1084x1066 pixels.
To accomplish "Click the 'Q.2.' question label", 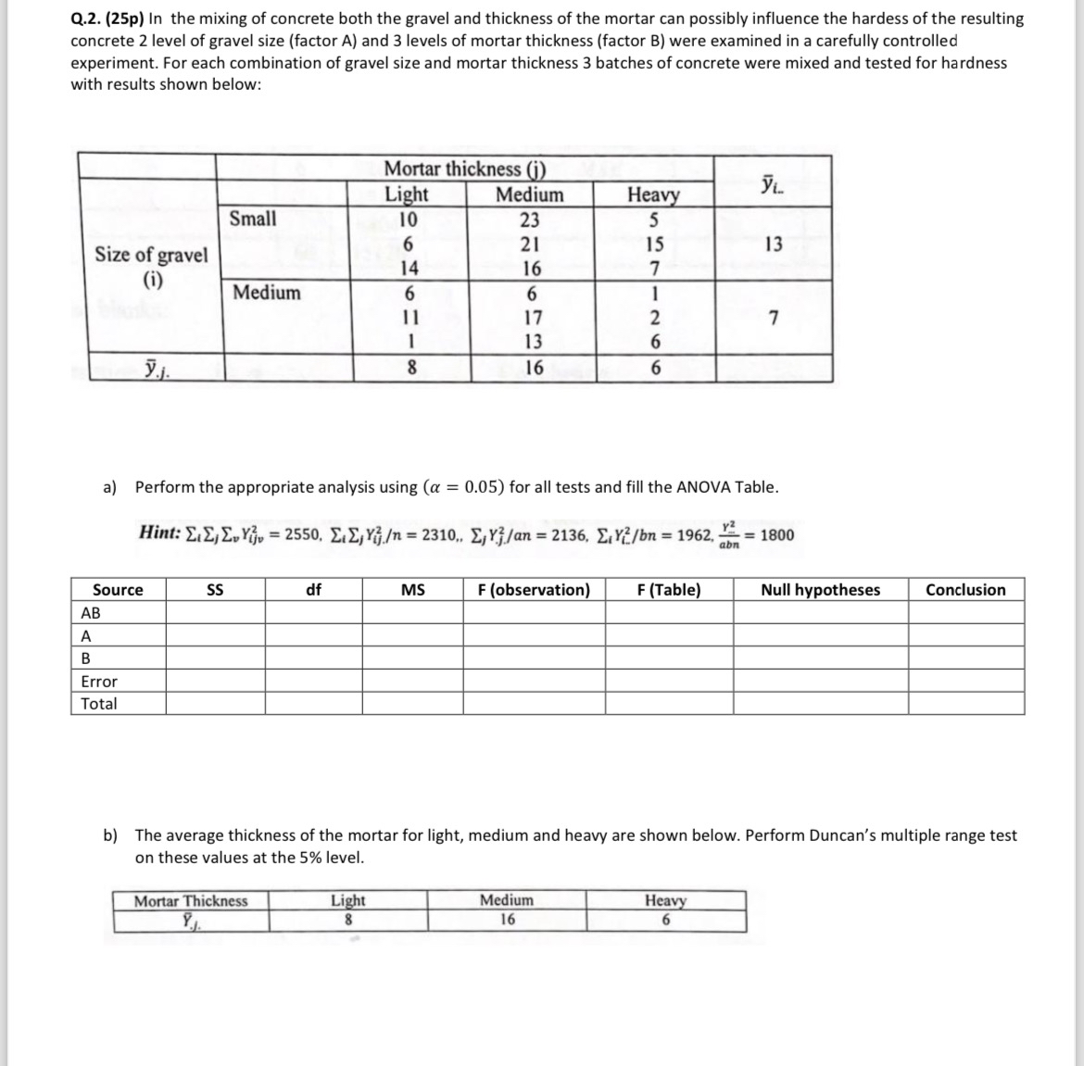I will coord(89,19).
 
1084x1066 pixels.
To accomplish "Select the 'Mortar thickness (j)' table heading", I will coord(464,169).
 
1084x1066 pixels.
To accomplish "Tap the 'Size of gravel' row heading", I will coord(151,256).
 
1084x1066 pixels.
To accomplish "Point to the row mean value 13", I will coord(774,245).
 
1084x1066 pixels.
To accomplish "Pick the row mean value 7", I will coord(774,319).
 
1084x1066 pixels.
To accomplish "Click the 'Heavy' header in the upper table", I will coord(653,194).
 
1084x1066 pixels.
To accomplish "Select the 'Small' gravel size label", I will coord(252,219).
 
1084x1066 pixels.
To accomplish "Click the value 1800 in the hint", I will coord(776,534).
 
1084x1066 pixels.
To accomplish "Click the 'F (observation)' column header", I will coord(534,590).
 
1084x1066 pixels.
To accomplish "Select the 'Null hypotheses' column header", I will coord(820,590).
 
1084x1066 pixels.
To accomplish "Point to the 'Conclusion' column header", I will coord(965,590).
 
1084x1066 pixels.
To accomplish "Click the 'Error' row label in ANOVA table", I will coord(99,682).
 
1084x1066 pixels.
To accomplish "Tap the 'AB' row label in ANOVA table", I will coord(91,613).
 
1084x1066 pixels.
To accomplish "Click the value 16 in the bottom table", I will coord(507,920).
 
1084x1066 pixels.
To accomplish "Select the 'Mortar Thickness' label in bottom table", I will coord(191,901).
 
